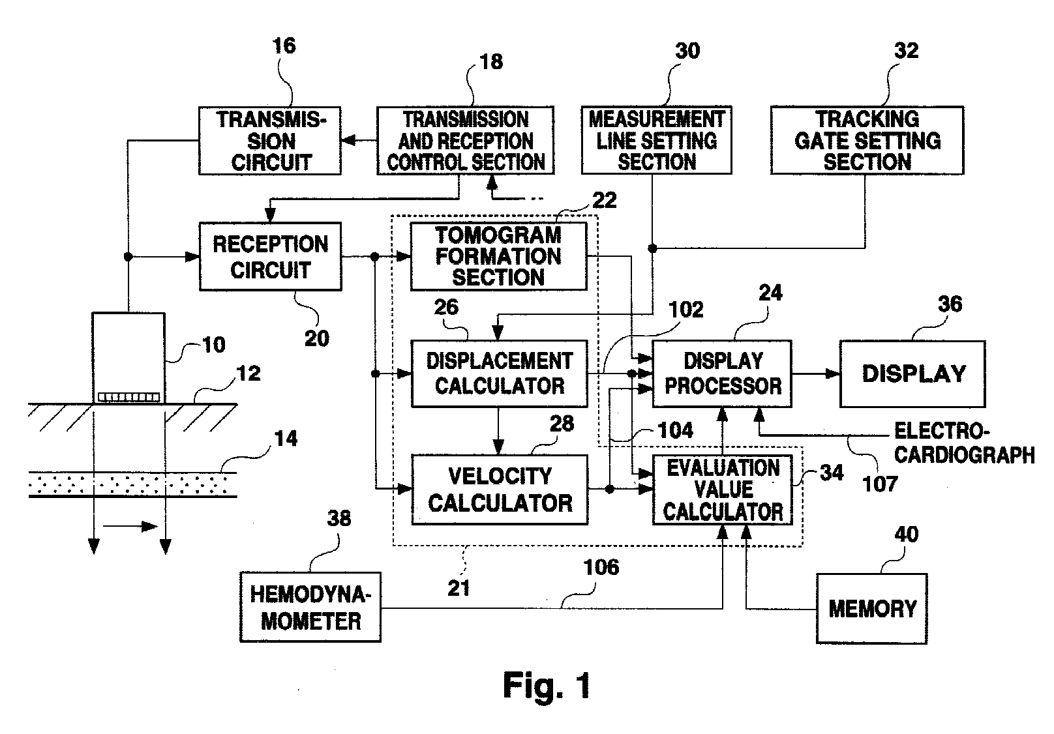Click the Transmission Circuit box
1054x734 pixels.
(x=270, y=141)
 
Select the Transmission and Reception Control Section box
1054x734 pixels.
(x=465, y=141)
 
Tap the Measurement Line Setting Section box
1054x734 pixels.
(x=656, y=141)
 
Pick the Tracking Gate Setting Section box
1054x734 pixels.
(x=867, y=141)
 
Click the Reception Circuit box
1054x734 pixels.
(x=270, y=257)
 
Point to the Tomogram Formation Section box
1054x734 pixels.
(x=498, y=256)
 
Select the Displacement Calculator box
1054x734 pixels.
(x=499, y=374)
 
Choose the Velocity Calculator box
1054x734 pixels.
(x=500, y=490)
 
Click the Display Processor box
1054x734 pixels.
(x=723, y=374)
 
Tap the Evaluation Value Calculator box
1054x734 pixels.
(x=723, y=490)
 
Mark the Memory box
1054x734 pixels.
(x=871, y=609)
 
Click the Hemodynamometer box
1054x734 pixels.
(x=310, y=607)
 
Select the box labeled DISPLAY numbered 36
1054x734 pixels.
(x=912, y=374)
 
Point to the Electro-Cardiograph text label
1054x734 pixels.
(x=963, y=443)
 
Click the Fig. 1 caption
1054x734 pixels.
(x=547, y=685)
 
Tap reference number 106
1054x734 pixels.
(x=601, y=567)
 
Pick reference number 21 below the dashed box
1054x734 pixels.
(x=459, y=588)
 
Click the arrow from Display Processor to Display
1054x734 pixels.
(x=815, y=374)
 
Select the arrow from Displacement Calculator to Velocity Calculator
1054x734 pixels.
(x=499, y=431)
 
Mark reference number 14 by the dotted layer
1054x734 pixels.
(x=286, y=438)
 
